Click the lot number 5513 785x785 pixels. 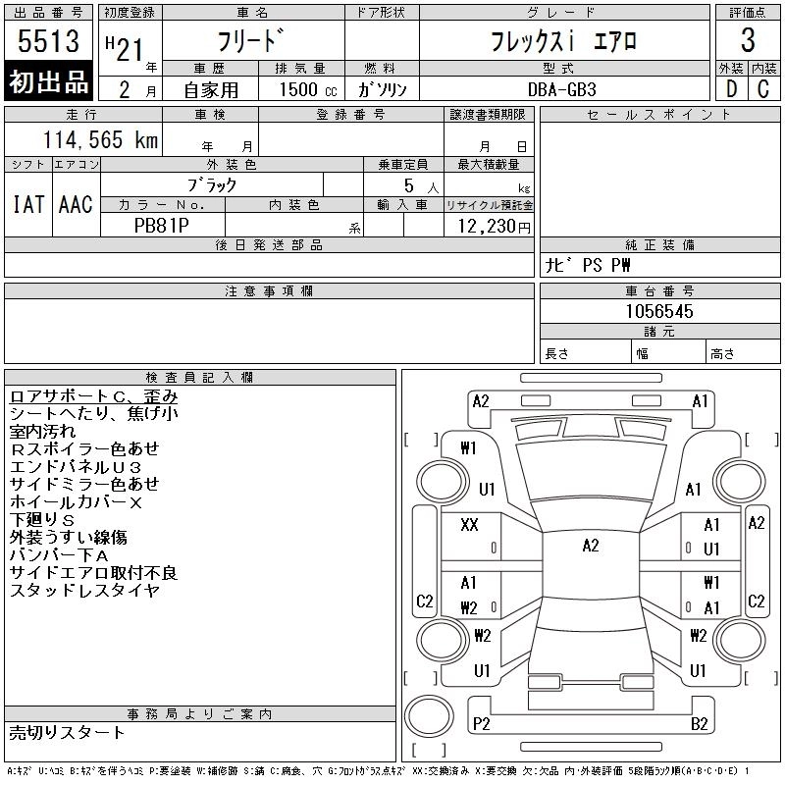pyautogui.click(x=48, y=41)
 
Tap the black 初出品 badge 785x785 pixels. pyautogui.click(x=48, y=81)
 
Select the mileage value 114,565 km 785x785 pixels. pyautogui.click(x=100, y=140)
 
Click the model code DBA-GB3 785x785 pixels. pyautogui.click(x=562, y=89)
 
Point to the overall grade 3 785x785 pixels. pyautogui.click(x=748, y=40)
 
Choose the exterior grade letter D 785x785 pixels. pyautogui.click(x=731, y=89)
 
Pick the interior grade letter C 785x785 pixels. pyautogui.click(x=763, y=89)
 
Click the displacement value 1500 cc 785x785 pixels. pyautogui.click(x=308, y=90)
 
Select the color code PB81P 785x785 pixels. pyautogui.click(x=162, y=226)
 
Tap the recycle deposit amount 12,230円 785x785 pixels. pyautogui.click(x=495, y=227)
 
